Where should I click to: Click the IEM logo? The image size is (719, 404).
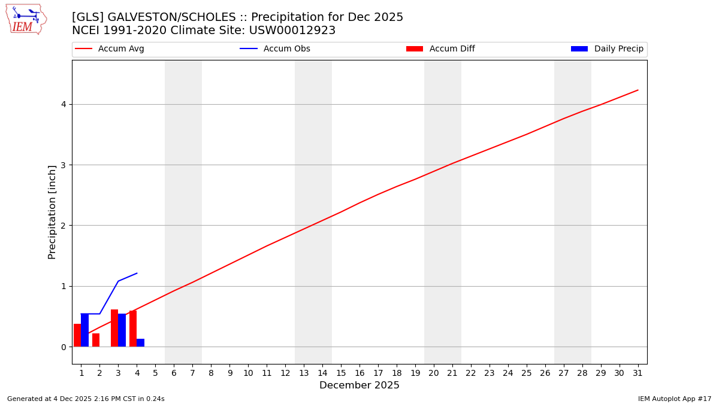[26, 19]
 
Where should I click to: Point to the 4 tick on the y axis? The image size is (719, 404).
[63, 105]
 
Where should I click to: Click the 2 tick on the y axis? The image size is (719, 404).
[63, 226]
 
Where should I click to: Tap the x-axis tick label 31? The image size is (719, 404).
[638, 373]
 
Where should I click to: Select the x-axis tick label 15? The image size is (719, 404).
[341, 373]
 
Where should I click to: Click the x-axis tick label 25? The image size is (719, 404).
[527, 373]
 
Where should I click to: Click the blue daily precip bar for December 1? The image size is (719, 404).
[85, 330]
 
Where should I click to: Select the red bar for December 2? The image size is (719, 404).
[96, 340]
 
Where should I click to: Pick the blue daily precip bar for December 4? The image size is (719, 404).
[140, 343]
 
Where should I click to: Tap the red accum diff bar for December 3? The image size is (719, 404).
[114, 328]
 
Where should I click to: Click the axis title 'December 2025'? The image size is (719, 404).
[359, 385]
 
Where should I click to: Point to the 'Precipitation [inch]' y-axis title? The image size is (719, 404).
[52, 212]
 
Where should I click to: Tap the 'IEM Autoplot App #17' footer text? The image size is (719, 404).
[674, 399]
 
